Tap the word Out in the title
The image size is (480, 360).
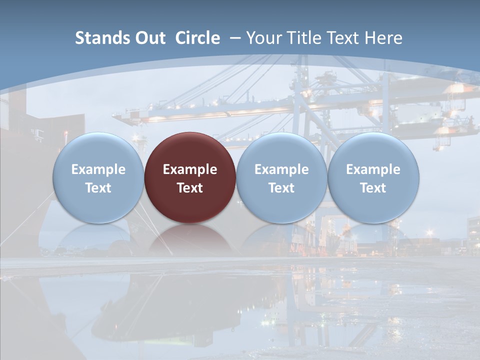(148, 38)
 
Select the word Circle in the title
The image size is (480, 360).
(197, 38)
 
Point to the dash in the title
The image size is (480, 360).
(235, 38)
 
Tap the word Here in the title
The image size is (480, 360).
(384, 38)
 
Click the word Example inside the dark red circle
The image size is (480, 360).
(190, 169)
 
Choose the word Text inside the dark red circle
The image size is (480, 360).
(190, 188)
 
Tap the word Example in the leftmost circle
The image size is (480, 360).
(98, 169)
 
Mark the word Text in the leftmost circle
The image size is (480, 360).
(98, 188)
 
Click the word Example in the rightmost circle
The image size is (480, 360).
(373, 169)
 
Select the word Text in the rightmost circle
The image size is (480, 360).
(373, 188)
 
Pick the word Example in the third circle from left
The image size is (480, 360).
(281, 169)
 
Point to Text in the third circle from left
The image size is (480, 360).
(281, 188)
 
